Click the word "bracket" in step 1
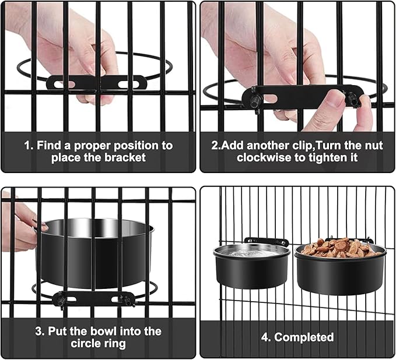[125, 158]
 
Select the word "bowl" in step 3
[104, 331]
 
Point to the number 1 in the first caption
[27, 146]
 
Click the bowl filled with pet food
[340, 266]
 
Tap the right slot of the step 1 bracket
[128, 84]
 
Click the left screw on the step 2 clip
[255, 99]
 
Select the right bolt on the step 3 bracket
[125, 300]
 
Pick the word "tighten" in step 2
[327, 158]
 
